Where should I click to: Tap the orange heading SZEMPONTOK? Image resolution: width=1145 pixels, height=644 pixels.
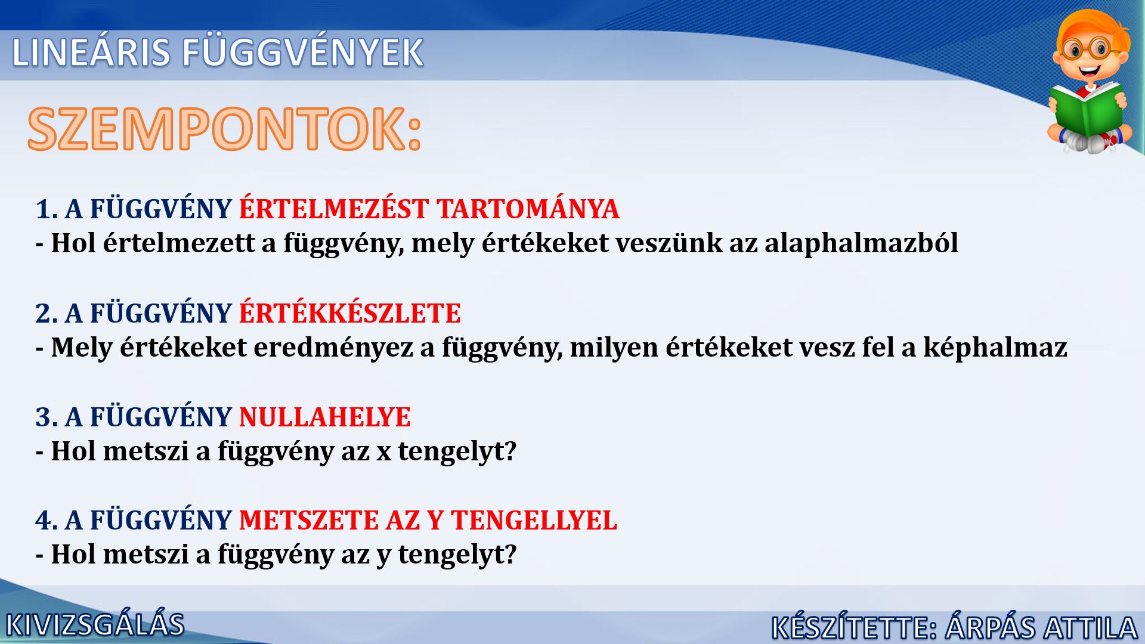[x=225, y=129]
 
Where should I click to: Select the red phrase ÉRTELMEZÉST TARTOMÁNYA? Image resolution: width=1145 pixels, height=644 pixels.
[x=429, y=209]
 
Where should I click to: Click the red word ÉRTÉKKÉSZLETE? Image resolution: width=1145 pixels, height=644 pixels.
[x=350, y=313]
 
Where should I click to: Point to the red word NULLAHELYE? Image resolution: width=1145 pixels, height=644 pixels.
[x=325, y=417]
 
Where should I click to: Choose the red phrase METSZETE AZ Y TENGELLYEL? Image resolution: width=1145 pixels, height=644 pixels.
[x=428, y=521]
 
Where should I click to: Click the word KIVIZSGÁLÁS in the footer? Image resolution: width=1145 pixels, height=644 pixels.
[x=95, y=625]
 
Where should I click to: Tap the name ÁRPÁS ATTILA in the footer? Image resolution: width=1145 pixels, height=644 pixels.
[x=1041, y=627]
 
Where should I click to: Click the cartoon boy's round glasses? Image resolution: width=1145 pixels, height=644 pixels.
[x=1090, y=49]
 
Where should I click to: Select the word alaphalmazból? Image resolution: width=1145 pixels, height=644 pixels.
[x=861, y=243]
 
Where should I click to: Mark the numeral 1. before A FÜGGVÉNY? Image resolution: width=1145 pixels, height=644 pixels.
[x=47, y=209]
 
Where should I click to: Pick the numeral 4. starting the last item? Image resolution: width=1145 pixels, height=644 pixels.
[x=47, y=521]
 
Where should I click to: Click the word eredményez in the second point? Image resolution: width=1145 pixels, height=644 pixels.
[x=333, y=348]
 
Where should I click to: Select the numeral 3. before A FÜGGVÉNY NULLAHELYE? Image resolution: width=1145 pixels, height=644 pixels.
[x=47, y=417]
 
